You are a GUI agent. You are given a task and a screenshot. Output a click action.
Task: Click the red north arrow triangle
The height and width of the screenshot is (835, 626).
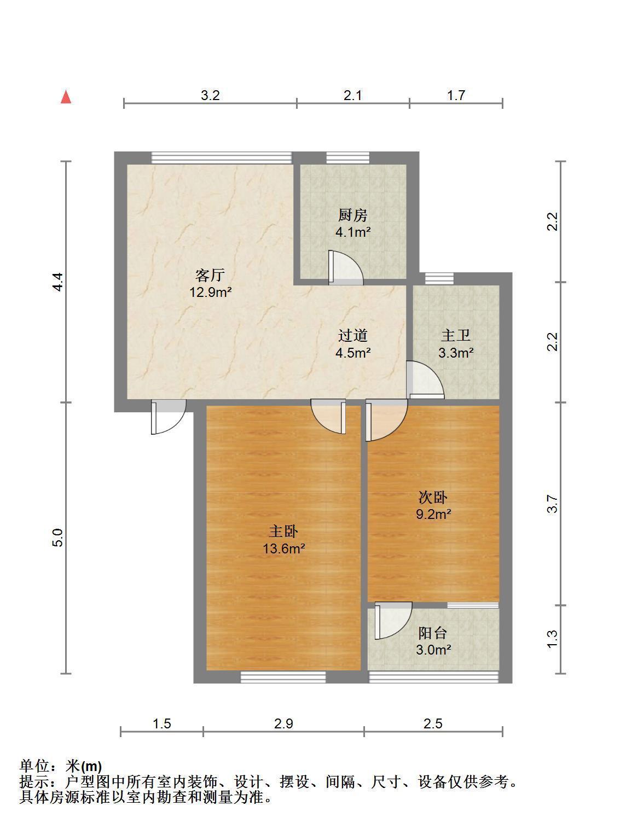(x=66, y=97)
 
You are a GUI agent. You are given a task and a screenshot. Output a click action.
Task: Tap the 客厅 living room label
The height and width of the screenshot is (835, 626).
(x=210, y=275)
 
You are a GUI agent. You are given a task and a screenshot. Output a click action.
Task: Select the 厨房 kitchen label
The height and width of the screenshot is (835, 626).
(x=353, y=215)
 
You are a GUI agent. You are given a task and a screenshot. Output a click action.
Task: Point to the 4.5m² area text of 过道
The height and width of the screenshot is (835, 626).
(x=353, y=353)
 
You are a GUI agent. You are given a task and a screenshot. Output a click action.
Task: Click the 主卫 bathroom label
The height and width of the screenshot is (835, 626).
(x=455, y=336)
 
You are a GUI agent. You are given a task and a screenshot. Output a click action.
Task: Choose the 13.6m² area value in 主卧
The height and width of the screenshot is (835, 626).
(x=283, y=548)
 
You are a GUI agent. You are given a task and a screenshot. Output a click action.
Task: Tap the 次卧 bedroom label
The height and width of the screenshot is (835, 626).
(x=433, y=497)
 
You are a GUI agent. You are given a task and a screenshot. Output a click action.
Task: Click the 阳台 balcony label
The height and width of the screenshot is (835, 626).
(x=433, y=633)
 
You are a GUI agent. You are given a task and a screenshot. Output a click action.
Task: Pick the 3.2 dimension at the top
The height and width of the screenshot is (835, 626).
(x=210, y=95)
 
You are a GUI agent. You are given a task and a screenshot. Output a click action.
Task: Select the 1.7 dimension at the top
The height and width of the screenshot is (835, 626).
(x=456, y=95)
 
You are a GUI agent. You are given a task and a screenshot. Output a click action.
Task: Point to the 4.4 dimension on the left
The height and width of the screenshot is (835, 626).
(x=58, y=282)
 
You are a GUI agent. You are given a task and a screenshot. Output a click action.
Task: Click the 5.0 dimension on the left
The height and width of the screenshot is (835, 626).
(x=58, y=538)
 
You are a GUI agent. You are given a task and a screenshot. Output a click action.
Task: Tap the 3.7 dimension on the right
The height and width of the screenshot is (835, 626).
(x=552, y=504)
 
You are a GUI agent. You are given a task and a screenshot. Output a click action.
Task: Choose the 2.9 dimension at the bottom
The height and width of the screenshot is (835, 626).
(x=283, y=723)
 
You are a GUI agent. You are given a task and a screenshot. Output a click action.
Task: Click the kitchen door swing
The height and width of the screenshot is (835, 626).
(x=345, y=267)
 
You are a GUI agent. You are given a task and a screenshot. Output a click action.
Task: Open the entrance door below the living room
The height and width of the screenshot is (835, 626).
(x=168, y=417)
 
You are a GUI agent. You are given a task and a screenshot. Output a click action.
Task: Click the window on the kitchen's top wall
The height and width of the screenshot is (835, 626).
(x=348, y=158)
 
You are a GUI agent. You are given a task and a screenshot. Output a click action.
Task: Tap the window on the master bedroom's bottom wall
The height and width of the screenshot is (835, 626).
(x=283, y=677)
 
